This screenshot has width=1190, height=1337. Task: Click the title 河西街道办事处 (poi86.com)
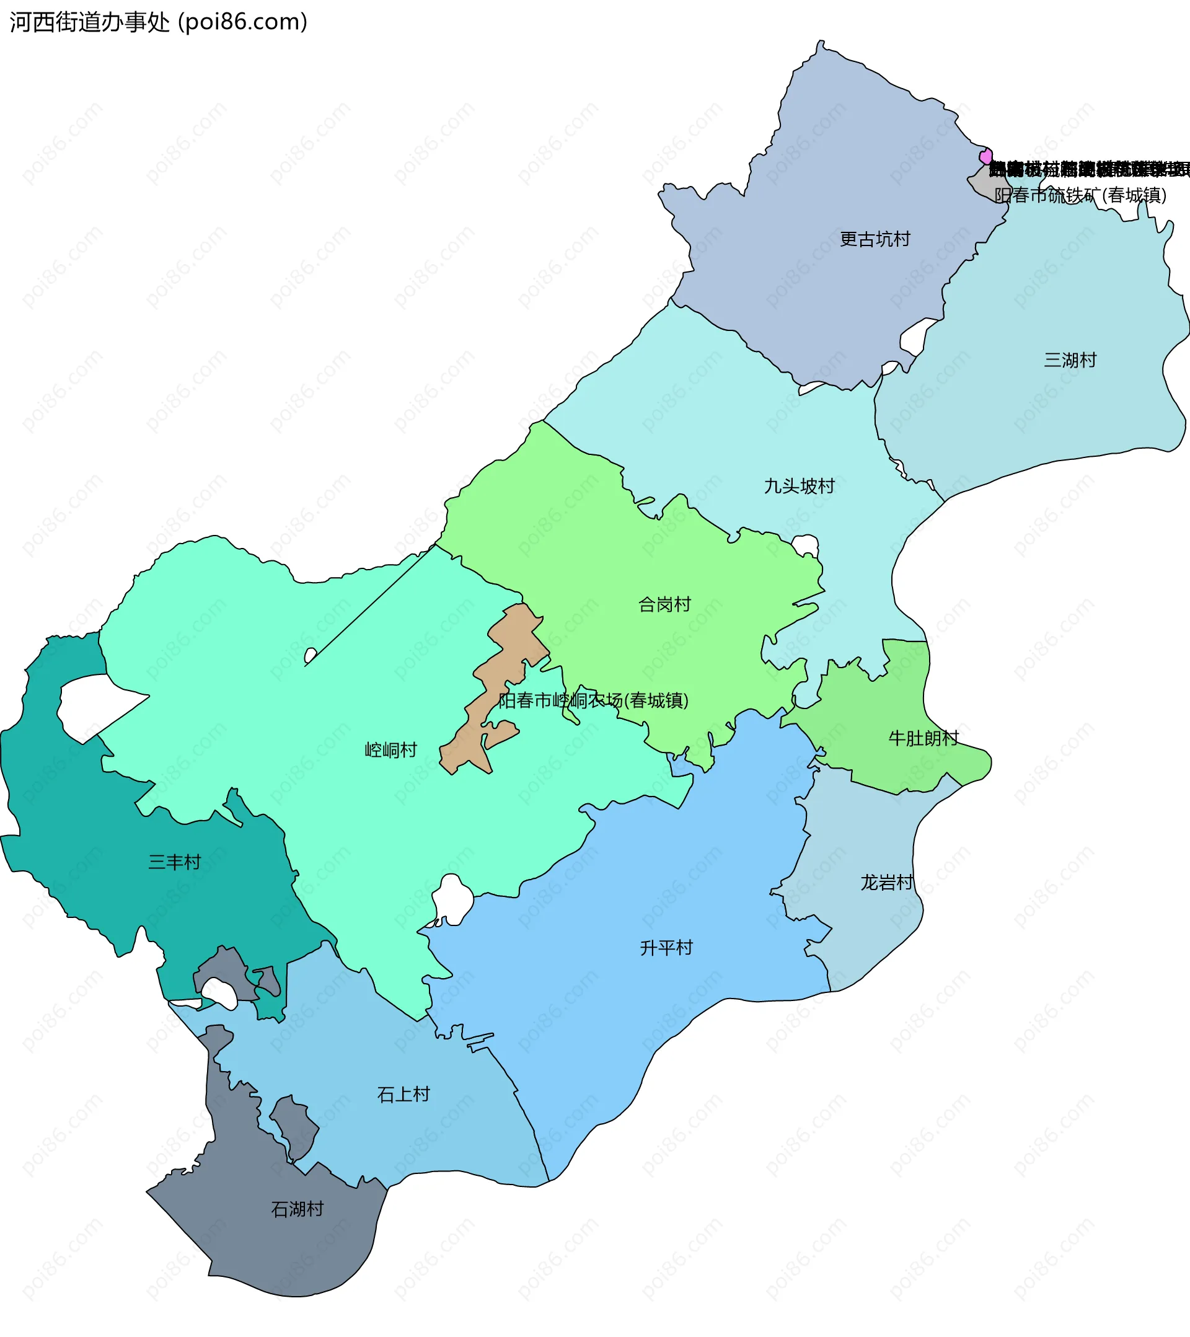pyautogui.click(x=158, y=22)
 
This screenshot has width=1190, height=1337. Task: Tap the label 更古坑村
pyautogui.click(x=875, y=239)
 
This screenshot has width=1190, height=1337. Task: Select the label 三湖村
pyautogui.click(x=1070, y=360)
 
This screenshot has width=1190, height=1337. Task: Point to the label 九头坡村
pyautogui.click(x=800, y=487)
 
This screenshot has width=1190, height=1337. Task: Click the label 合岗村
pyautogui.click(x=664, y=604)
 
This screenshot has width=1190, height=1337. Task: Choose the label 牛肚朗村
pyautogui.click(x=923, y=738)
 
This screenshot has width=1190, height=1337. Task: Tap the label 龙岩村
pyautogui.click(x=886, y=883)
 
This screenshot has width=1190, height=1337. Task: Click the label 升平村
pyautogui.click(x=666, y=948)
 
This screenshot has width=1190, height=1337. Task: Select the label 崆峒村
pyautogui.click(x=390, y=750)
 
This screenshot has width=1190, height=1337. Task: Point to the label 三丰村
pyautogui.click(x=174, y=862)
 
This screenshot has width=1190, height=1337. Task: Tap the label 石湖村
pyautogui.click(x=297, y=1209)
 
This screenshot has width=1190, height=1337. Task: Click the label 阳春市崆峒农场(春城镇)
pyautogui.click(x=593, y=700)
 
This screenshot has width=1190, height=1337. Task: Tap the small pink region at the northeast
pyautogui.click(x=985, y=156)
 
